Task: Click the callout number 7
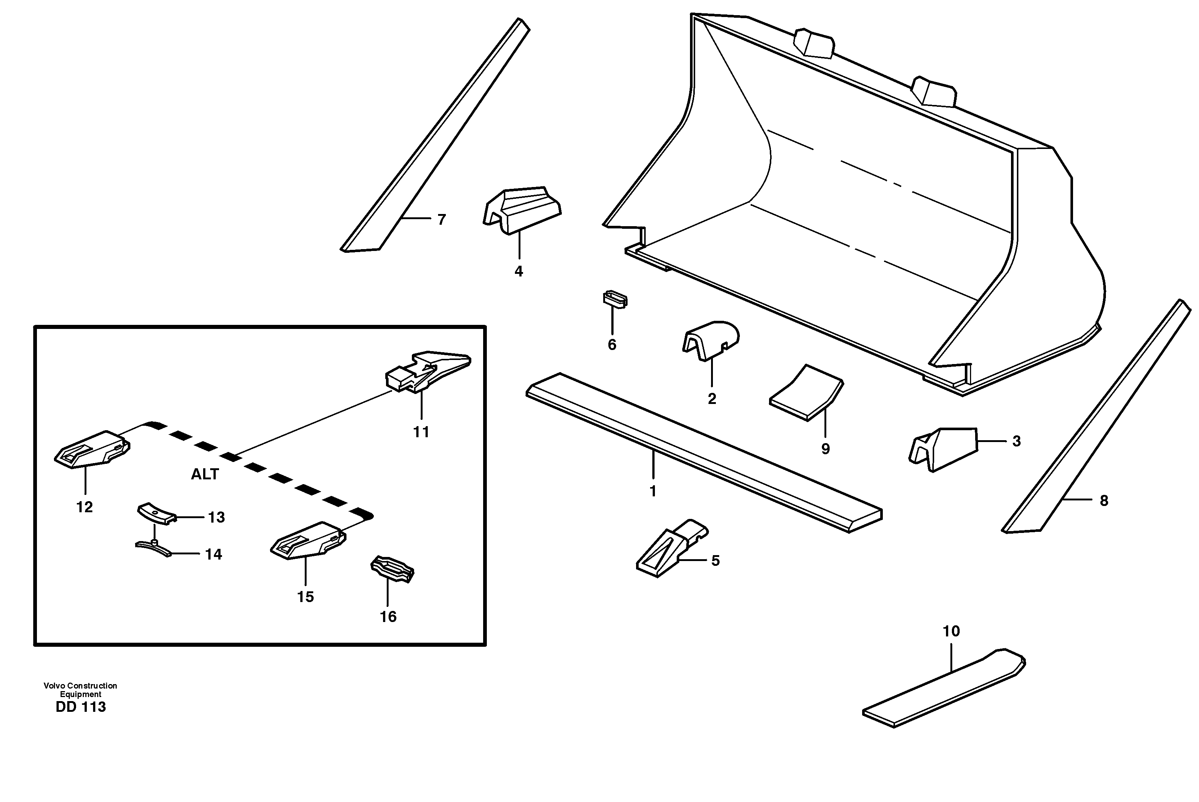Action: (x=441, y=220)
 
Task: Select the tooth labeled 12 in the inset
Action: (x=92, y=449)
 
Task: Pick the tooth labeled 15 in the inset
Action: (x=308, y=541)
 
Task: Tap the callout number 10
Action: (x=951, y=631)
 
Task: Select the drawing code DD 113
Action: (x=81, y=707)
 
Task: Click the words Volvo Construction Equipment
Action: (x=80, y=690)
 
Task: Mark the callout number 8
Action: (x=1104, y=501)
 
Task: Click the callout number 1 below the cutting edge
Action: (x=653, y=491)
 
